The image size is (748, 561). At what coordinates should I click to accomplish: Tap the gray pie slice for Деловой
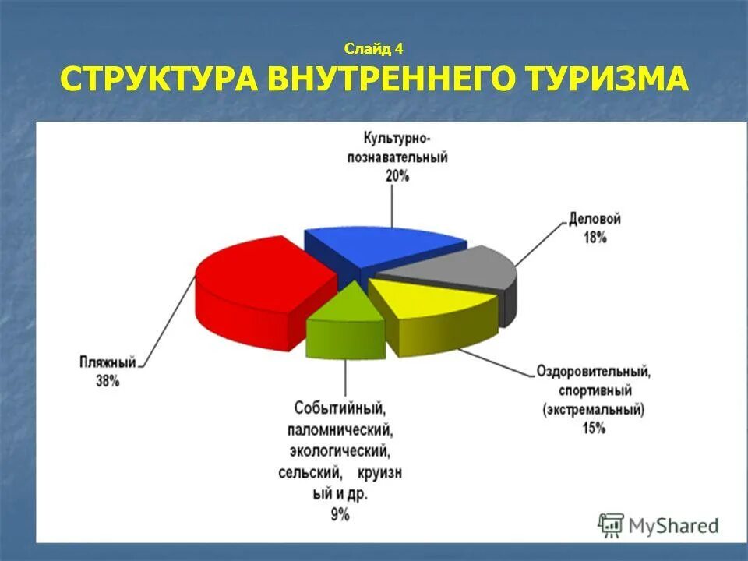pos(460,269)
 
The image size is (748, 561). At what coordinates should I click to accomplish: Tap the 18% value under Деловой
pos(595,238)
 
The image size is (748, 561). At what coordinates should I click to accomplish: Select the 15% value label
pos(593,428)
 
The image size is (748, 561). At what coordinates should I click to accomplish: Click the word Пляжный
pos(108,362)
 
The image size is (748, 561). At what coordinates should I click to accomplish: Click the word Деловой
pos(595,221)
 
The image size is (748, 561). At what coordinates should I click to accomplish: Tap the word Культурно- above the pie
pos(397,138)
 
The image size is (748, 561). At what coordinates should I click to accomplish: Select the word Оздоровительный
pos(593,372)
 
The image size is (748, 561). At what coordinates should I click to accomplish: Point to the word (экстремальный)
pos(593,409)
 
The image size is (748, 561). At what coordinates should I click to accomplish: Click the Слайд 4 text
pos(373,49)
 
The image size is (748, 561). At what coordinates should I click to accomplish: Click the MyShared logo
pos(658,525)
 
